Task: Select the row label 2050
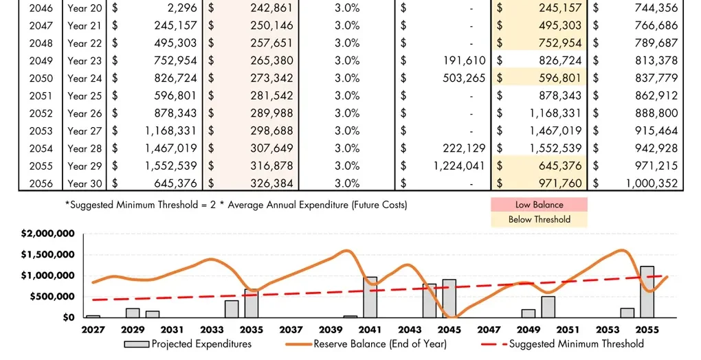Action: click(x=41, y=78)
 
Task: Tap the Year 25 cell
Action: click(x=85, y=96)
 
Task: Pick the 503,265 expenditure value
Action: click(x=465, y=78)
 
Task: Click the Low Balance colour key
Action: click(x=539, y=205)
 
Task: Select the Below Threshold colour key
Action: click(x=539, y=220)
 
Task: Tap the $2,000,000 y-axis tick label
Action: click(x=47, y=234)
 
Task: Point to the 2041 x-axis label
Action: click(x=370, y=330)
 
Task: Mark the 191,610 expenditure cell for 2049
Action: click(x=465, y=60)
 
